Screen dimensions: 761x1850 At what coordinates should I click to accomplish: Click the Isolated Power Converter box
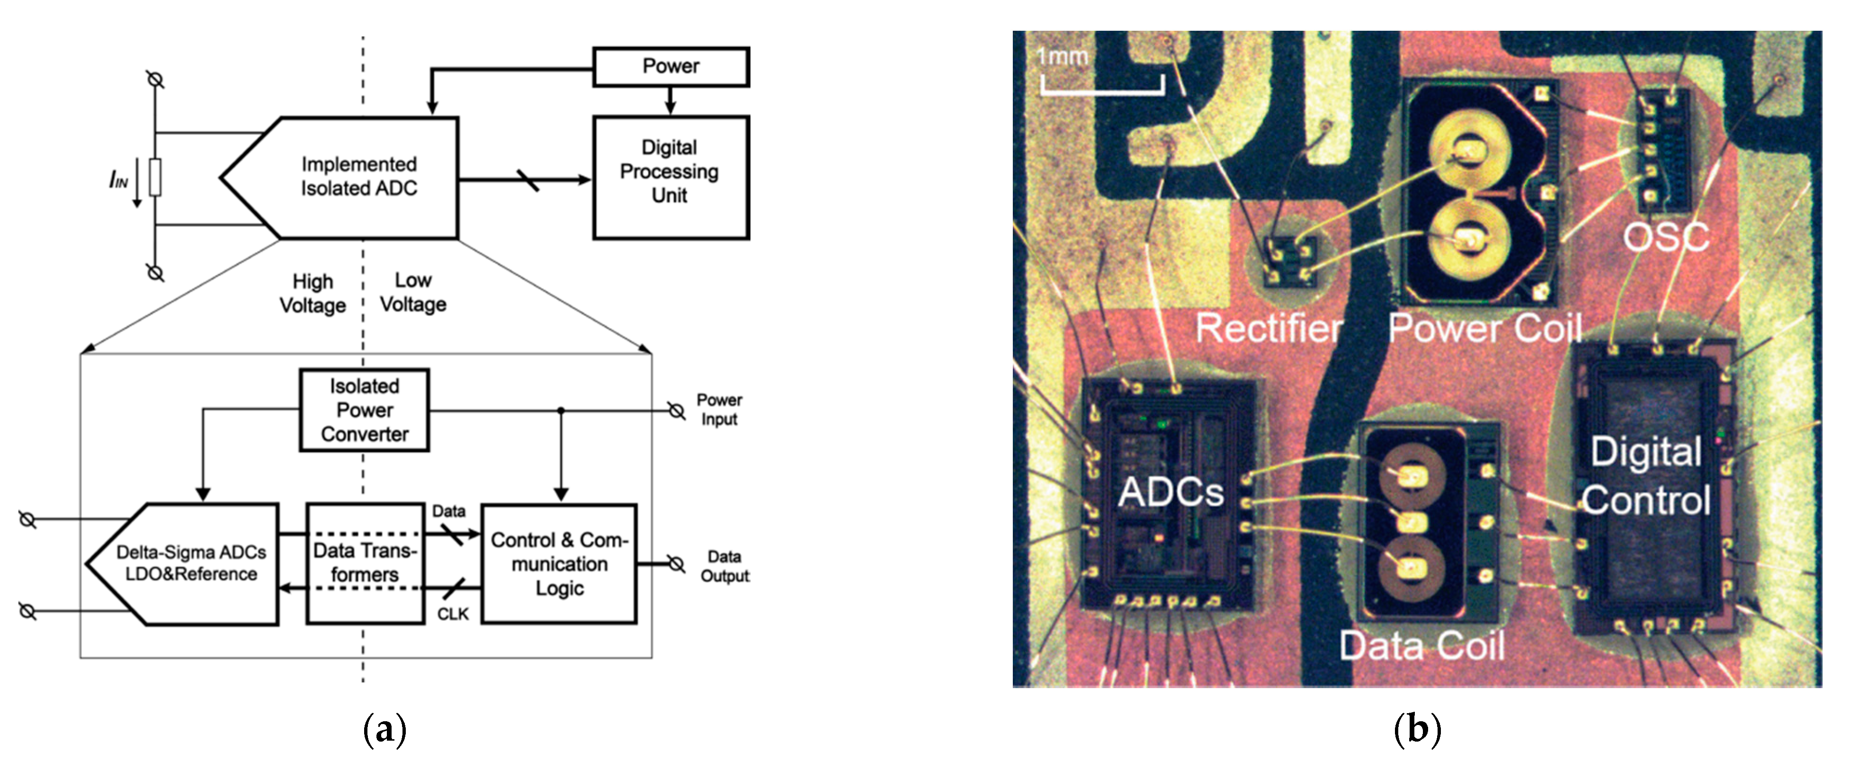[x=364, y=410]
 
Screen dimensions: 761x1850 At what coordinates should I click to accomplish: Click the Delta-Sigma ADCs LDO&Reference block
[x=191, y=564]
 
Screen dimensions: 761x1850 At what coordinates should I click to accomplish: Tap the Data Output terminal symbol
[x=676, y=564]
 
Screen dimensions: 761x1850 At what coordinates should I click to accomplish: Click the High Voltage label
[x=313, y=293]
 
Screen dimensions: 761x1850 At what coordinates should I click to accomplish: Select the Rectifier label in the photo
[x=1268, y=329]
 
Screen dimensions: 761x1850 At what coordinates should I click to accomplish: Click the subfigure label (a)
[x=385, y=730]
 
